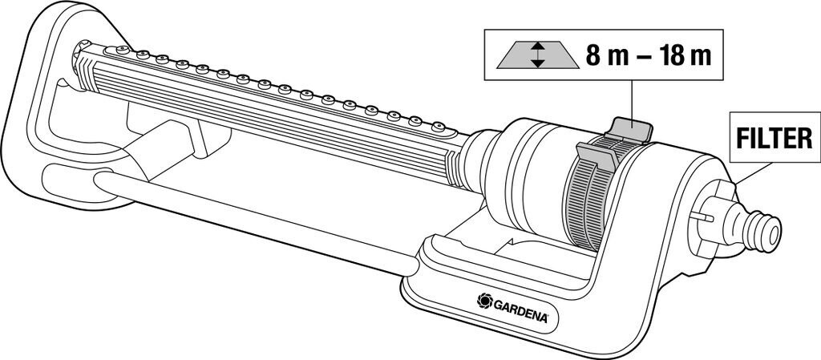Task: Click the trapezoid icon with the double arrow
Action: tap(537, 56)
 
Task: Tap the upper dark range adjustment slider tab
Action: tap(630, 127)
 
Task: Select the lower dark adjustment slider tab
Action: tap(594, 156)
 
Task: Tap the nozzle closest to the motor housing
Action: tap(438, 127)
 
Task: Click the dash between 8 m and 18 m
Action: tap(634, 58)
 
